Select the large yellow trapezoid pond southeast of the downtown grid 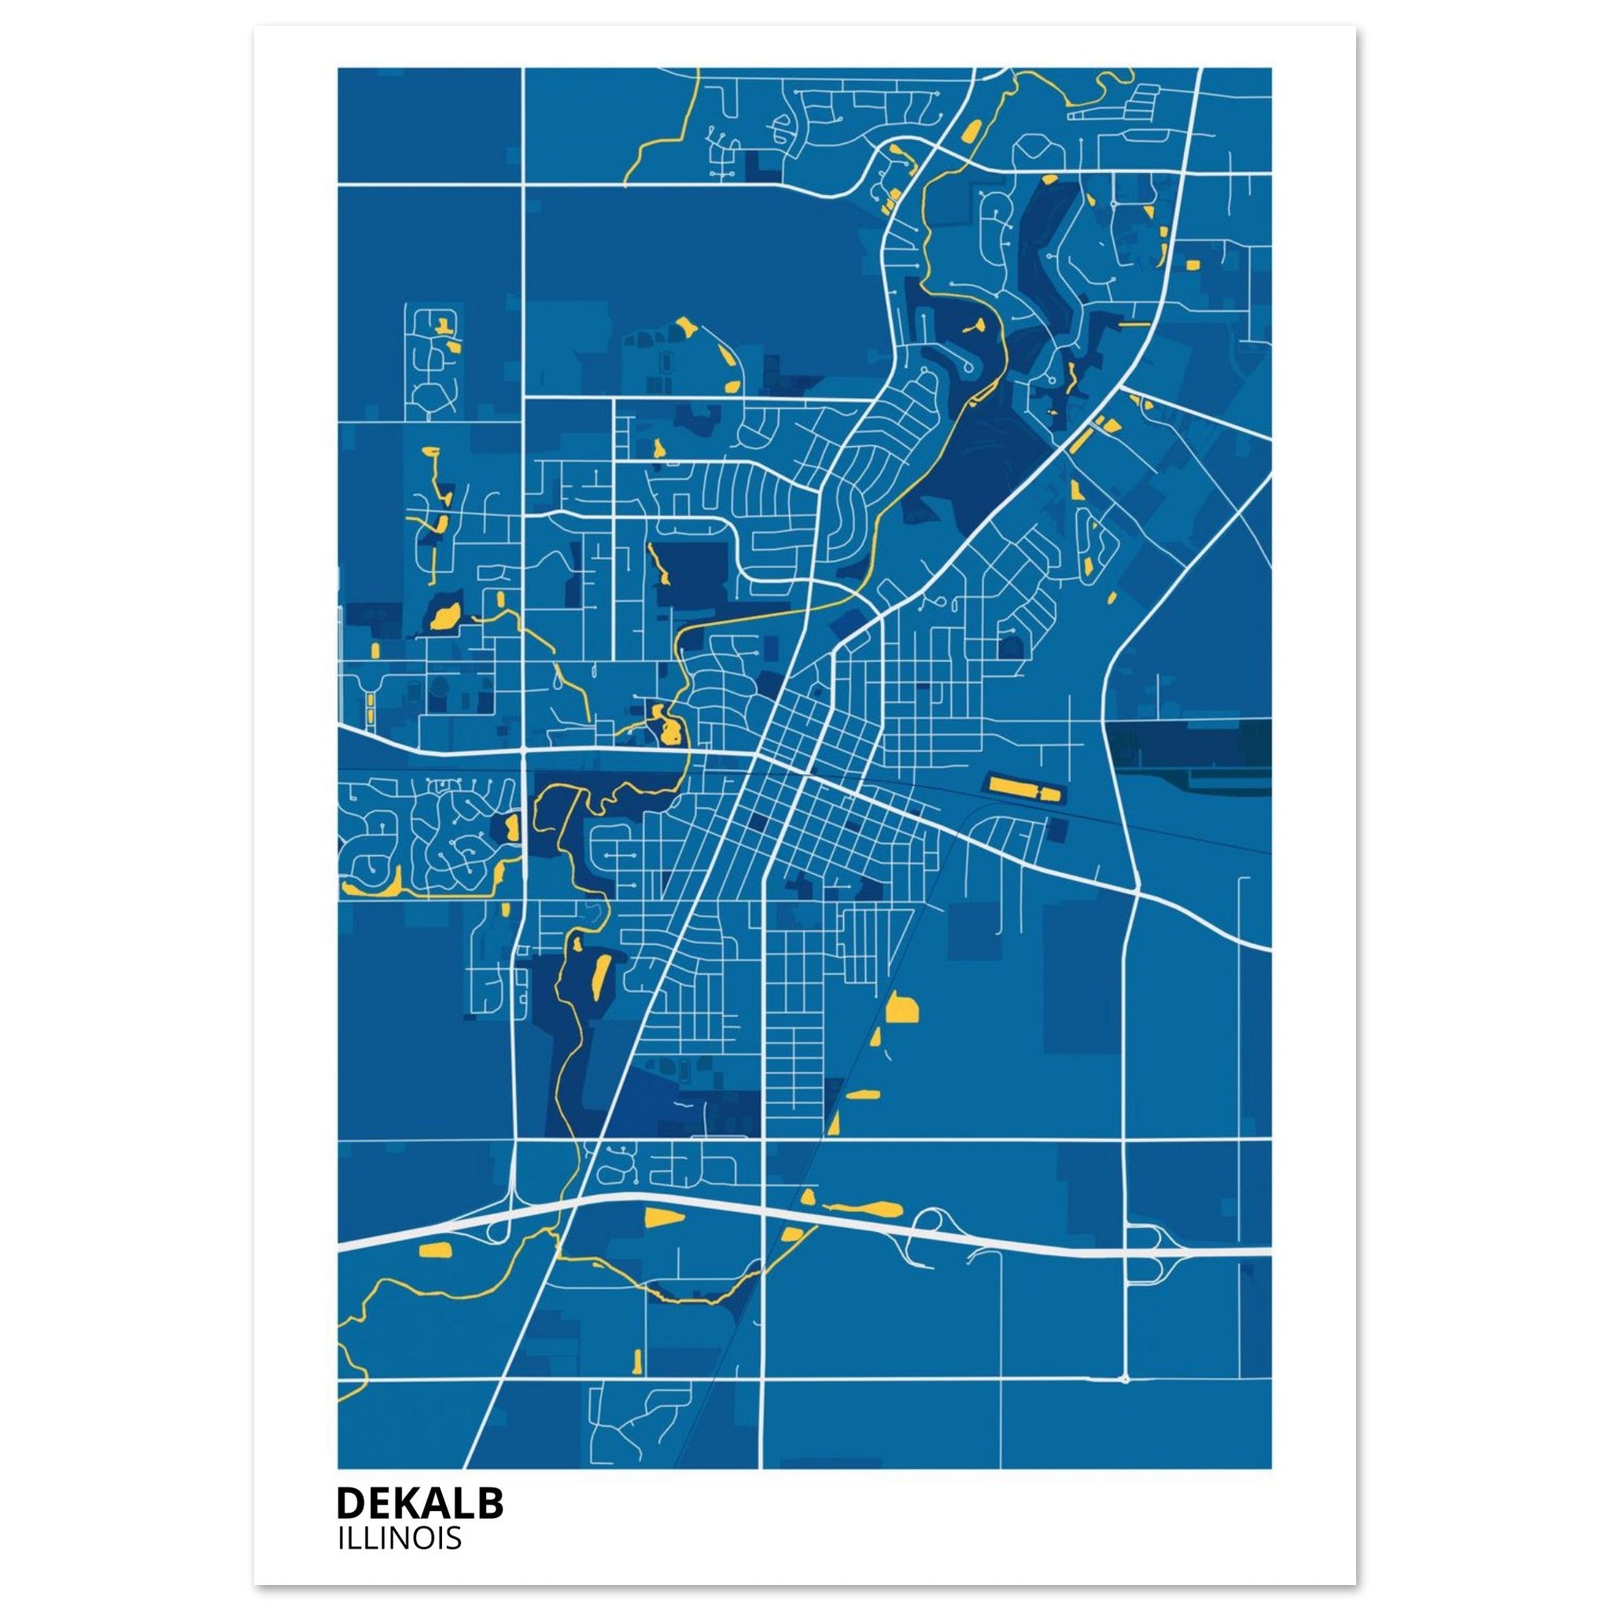pyautogui.click(x=901, y=1009)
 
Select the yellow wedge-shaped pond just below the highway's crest pyautogui.click(x=664, y=1217)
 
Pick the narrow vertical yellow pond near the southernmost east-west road pyautogui.click(x=638, y=1362)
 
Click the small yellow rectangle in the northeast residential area pyautogui.click(x=1192, y=265)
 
